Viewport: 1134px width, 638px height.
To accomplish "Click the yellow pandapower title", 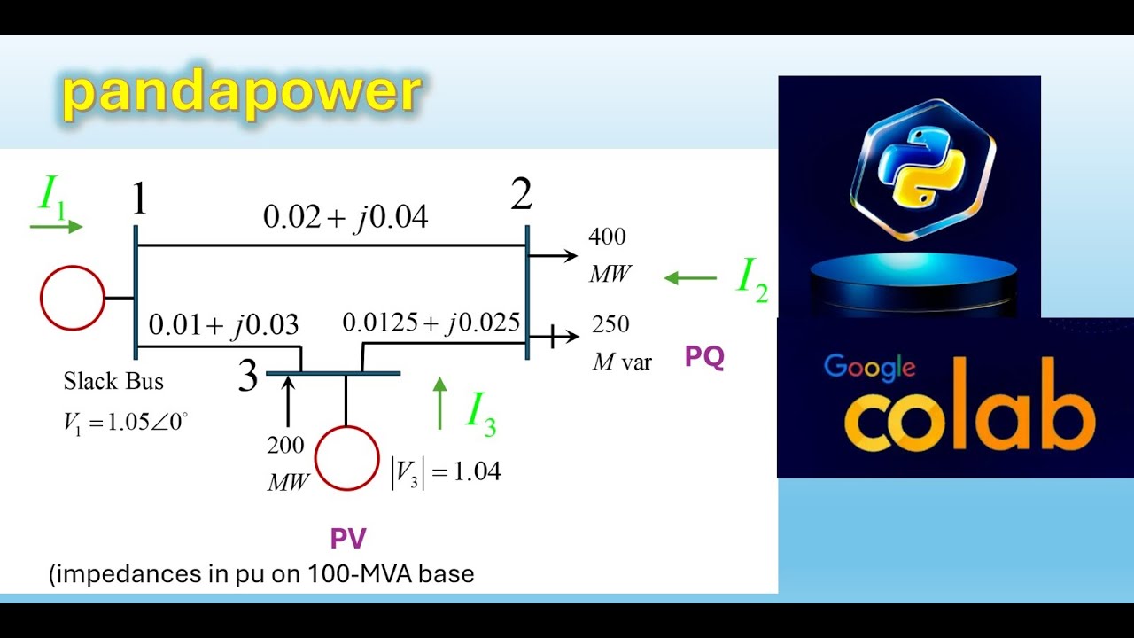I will tap(241, 93).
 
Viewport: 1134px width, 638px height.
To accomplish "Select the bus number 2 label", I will tap(521, 194).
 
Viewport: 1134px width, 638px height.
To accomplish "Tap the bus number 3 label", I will tap(248, 377).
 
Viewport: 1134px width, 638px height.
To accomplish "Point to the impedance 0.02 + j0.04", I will tap(346, 216).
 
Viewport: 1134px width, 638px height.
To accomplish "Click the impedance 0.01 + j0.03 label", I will tap(223, 324).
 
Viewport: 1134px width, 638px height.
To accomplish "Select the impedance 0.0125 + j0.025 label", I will tap(431, 323).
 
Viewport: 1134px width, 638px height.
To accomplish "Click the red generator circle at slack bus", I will tap(72, 298).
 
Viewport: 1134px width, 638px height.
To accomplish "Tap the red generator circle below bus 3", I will tap(346, 458).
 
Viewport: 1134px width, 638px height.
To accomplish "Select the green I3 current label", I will tap(480, 412).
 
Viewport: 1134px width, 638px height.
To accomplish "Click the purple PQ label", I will tap(704, 357).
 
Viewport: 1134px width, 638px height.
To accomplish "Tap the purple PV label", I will tap(348, 538).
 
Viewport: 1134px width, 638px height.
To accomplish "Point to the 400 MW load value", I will tap(609, 255).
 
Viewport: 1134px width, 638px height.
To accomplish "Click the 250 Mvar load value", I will tap(620, 343).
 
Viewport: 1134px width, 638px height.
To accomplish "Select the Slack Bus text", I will tap(113, 382).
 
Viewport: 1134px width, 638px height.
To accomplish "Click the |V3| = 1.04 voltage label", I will tap(447, 472).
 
